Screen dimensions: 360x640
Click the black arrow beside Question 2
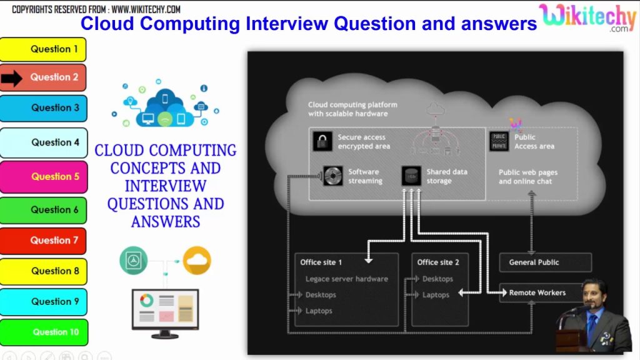tap(12, 78)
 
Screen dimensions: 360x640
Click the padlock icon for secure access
tap(322, 141)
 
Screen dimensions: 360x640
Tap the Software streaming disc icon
tap(332, 176)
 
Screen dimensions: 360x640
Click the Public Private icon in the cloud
tap(499, 141)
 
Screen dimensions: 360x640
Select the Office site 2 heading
tap(438, 262)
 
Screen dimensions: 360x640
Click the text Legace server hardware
tap(346, 279)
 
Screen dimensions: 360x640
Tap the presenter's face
tap(592, 292)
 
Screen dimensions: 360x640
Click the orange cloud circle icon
tap(197, 260)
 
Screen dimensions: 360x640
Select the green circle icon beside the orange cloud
tap(134, 260)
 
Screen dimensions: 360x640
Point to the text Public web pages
tap(528, 172)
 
